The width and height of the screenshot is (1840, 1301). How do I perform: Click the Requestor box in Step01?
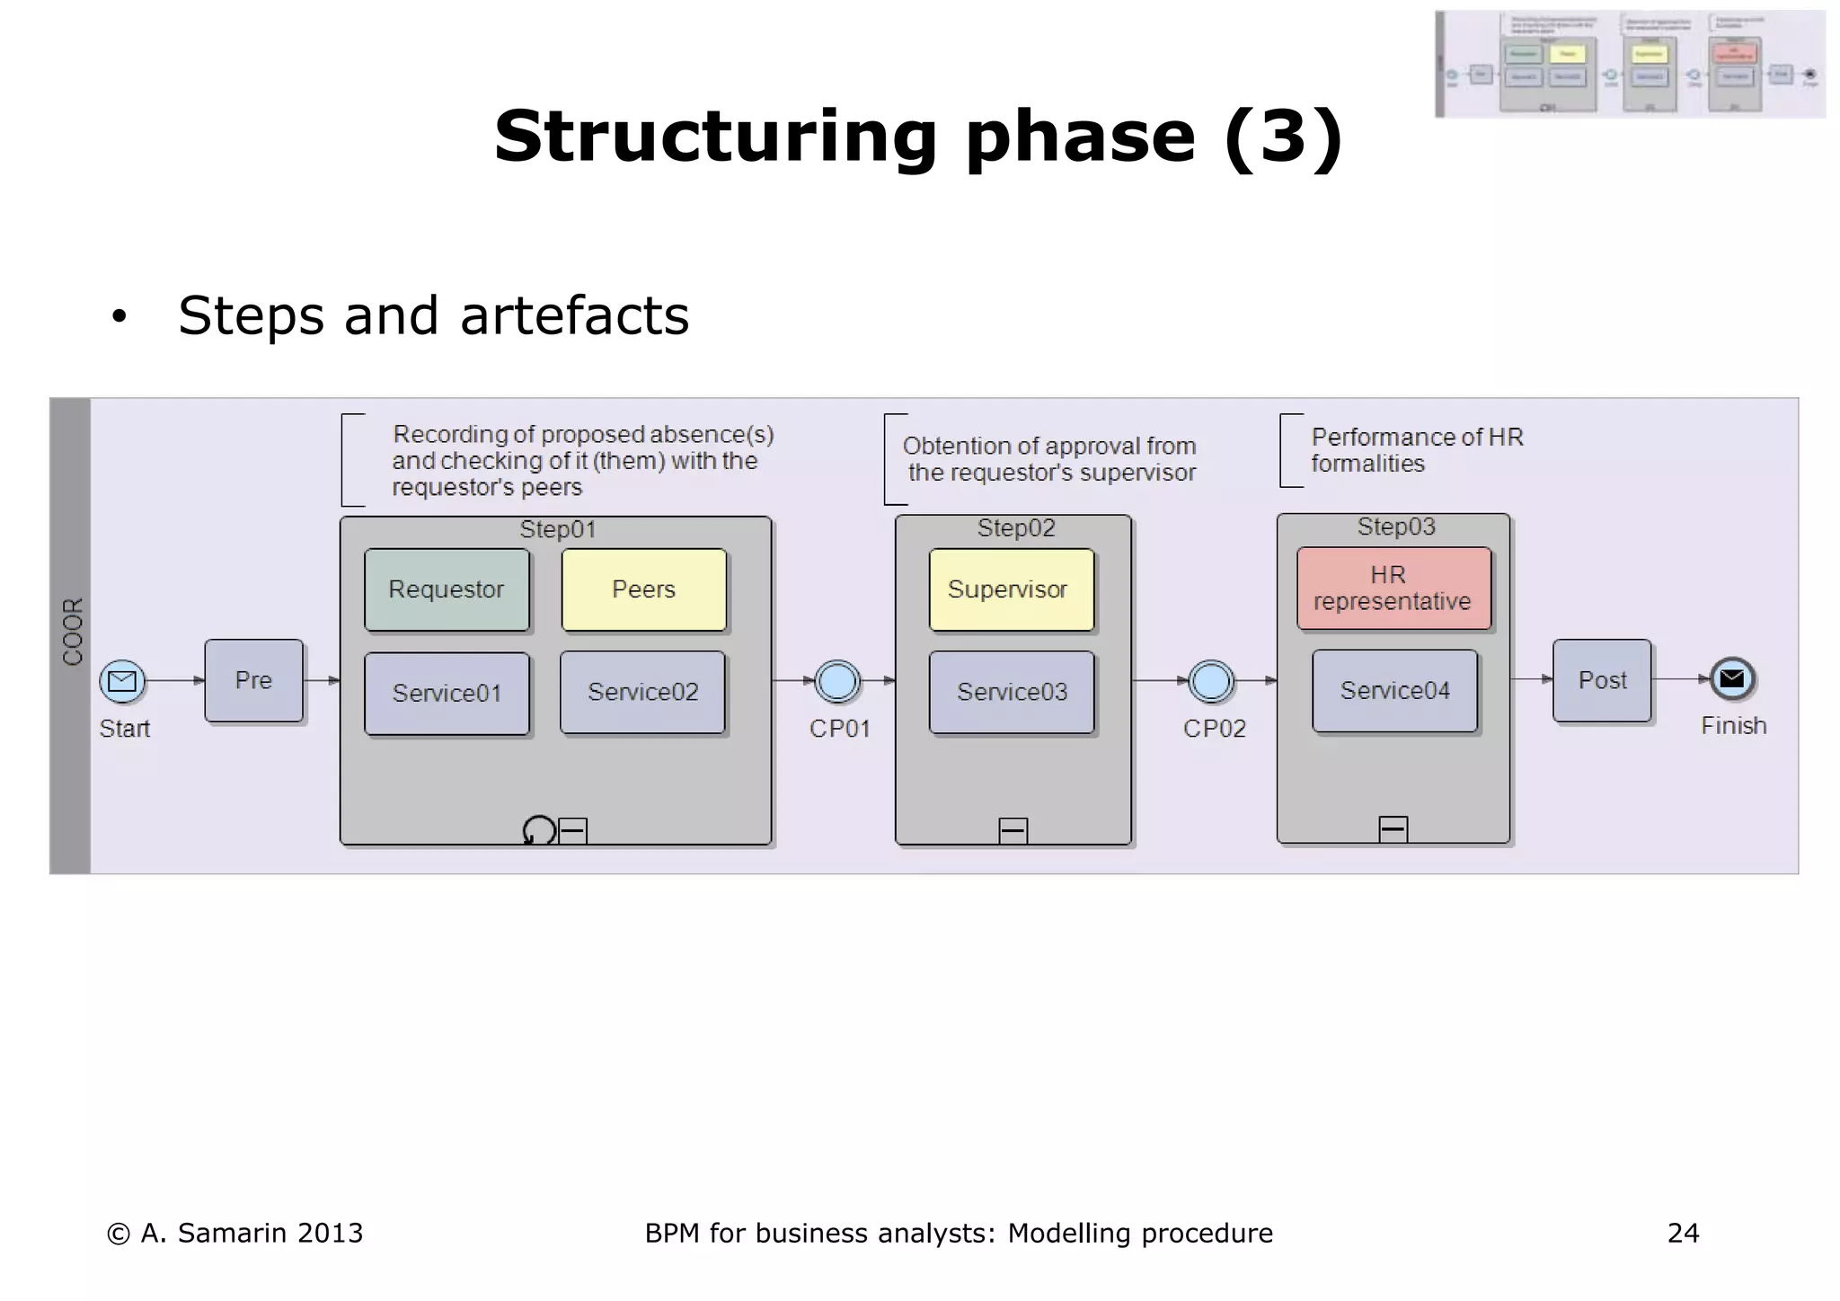[447, 589]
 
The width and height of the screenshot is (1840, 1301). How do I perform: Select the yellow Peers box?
[643, 589]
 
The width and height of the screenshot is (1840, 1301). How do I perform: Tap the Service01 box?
[447, 693]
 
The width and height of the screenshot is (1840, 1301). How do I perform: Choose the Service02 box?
[642, 692]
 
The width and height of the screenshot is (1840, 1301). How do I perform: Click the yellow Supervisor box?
[1011, 589]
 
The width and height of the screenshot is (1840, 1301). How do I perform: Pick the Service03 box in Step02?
[1012, 692]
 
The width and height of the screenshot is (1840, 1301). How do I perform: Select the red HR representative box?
[1393, 588]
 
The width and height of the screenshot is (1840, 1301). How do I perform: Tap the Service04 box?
[1394, 690]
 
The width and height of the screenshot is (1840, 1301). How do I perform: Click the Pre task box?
[253, 680]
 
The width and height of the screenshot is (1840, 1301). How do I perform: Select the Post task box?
[1602, 680]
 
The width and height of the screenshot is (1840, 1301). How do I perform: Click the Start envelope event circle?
[122, 681]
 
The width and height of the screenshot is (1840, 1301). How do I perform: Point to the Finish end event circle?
[1731, 679]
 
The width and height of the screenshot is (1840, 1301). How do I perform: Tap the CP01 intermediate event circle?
[837, 681]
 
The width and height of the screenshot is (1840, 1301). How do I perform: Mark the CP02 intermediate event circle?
[1211, 681]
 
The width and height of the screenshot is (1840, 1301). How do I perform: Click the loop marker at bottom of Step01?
[539, 830]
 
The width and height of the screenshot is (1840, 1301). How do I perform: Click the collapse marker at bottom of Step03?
[1393, 828]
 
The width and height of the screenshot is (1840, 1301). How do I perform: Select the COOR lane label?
[72, 631]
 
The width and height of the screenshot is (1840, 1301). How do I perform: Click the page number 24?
[1682, 1233]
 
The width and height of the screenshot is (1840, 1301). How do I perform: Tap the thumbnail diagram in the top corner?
[1630, 65]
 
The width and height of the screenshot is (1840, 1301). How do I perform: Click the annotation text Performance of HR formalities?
[1416, 450]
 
